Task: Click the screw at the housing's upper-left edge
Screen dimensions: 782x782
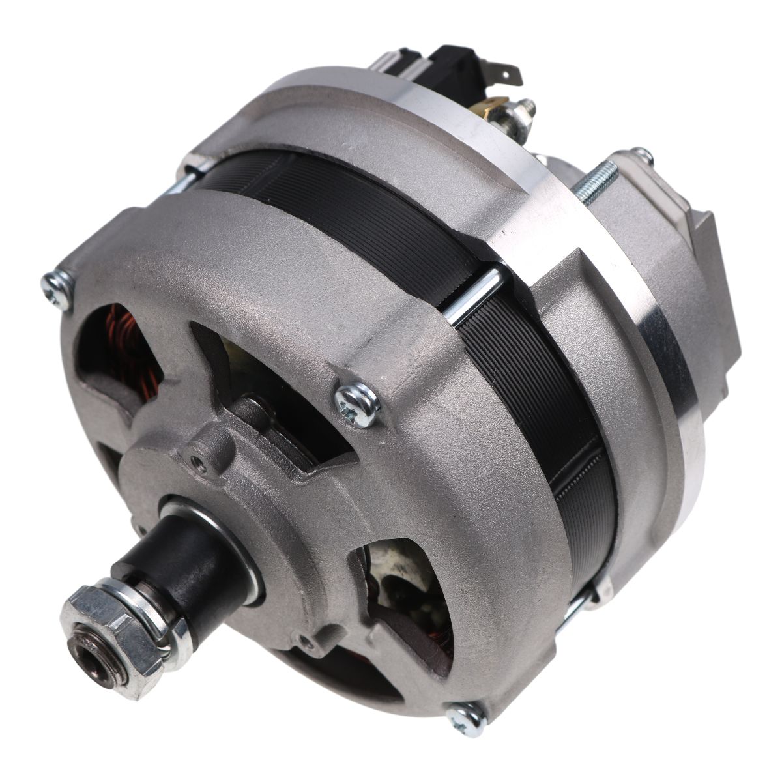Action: [57, 287]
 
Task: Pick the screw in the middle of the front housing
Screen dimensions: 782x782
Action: [357, 403]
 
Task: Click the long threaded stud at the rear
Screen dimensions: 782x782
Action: [596, 176]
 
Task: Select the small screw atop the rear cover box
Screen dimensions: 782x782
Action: [644, 156]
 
